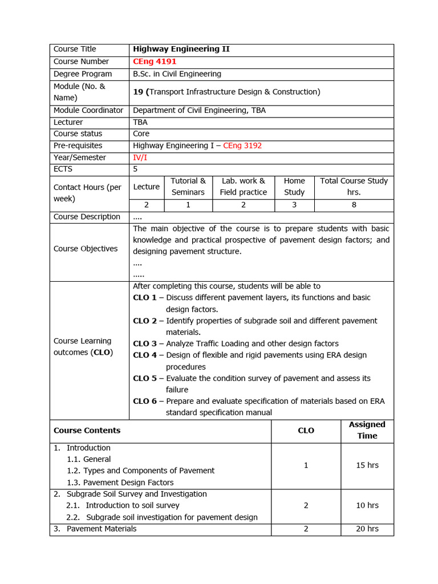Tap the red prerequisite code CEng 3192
click(x=242, y=146)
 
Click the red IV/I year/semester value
click(x=140, y=157)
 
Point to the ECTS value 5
click(x=136, y=169)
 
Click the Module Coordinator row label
click(x=88, y=111)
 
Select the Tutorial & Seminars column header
click(x=188, y=186)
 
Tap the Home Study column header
click(x=294, y=186)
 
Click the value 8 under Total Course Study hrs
click(x=354, y=205)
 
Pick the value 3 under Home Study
click(x=294, y=205)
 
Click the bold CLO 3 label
click(x=145, y=344)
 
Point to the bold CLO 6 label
click(x=145, y=401)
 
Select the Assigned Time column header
click(x=367, y=430)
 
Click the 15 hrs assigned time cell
click(x=367, y=465)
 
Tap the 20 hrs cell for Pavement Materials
click(x=367, y=529)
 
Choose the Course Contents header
click(x=87, y=431)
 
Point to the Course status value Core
click(x=141, y=134)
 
